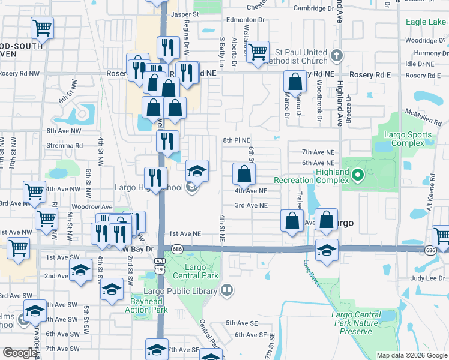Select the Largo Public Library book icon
click(226, 291)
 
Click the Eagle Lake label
click(426, 22)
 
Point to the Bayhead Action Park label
click(146, 305)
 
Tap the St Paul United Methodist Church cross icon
click(337, 56)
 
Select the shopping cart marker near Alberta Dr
click(258, 52)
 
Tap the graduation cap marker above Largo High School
click(197, 170)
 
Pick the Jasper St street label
click(184, 13)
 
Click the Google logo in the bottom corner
click(20, 353)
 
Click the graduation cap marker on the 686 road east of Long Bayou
click(327, 250)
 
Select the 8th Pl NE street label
click(236, 140)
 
